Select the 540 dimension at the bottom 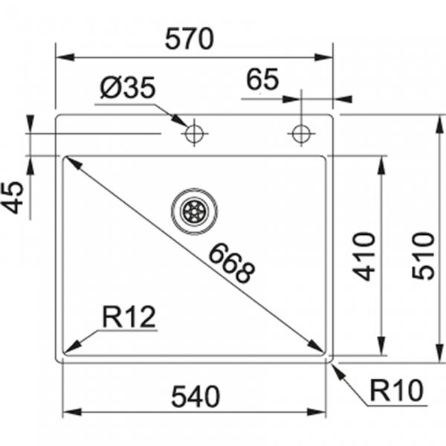[195, 397]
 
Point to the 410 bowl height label [364, 255]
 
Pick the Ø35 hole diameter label [127, 88]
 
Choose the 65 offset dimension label [262, 80]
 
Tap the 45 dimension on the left [14, 197]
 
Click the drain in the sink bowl [194, 210]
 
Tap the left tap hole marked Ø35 [194, 134]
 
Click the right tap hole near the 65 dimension [301, 134]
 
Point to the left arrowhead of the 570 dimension [62, 56]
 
